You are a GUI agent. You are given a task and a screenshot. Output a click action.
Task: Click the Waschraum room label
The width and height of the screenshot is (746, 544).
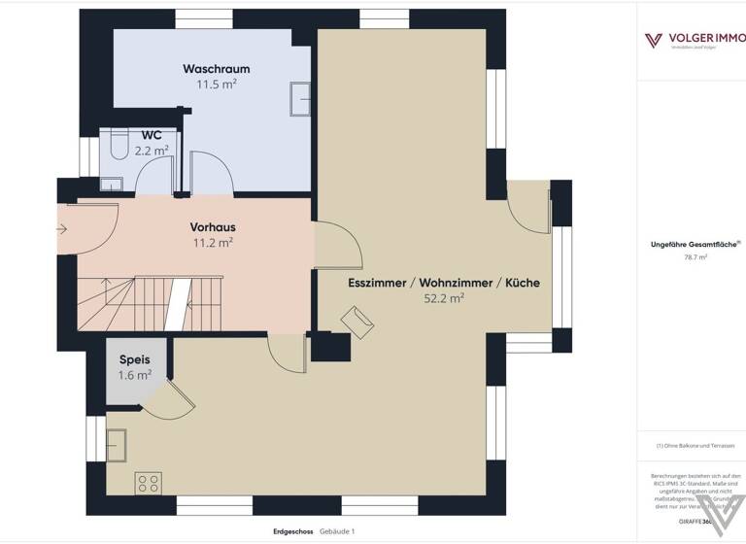coord(217,69)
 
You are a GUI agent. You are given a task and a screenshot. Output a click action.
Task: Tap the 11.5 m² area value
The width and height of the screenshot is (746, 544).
coord(217,85)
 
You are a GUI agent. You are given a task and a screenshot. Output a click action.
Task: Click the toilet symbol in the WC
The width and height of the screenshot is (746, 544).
coord(119,144)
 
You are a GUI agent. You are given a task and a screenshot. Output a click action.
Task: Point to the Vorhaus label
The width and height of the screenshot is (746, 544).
coord(213,226)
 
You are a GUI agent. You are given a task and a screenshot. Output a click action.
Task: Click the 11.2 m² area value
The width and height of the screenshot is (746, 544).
coord(213,242)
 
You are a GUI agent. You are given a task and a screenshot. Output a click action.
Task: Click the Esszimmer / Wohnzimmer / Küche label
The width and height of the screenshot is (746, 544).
coord(443,283)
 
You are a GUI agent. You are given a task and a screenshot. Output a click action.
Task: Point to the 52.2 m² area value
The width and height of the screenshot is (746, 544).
coord(443,299)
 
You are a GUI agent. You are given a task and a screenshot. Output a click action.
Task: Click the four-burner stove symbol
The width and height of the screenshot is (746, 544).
coord(149,482)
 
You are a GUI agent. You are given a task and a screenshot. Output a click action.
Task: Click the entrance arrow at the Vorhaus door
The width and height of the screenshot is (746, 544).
coord(62,230)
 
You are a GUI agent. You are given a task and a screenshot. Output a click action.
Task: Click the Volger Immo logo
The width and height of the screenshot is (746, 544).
coord(692,41)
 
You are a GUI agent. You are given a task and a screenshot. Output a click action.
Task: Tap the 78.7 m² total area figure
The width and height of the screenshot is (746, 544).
coord(695,258)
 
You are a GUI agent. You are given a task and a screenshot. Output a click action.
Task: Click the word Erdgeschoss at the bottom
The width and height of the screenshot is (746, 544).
coord(293,531)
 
